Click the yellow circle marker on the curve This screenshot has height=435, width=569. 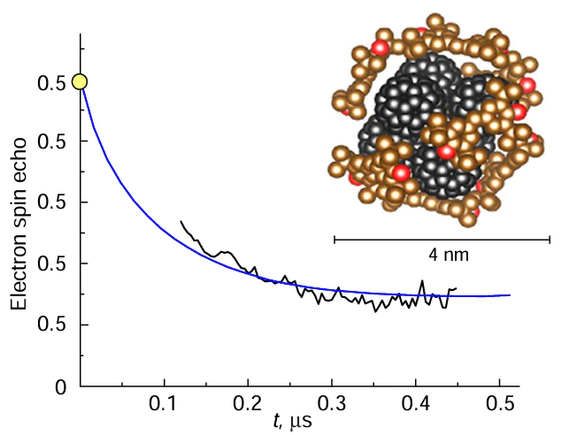pos(80,81)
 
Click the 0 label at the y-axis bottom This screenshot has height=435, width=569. pos(60,387)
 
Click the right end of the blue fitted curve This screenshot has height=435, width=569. pos(510,294)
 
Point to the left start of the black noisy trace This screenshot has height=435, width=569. pos(181,222)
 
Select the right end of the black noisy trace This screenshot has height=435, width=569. pos(456,288)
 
